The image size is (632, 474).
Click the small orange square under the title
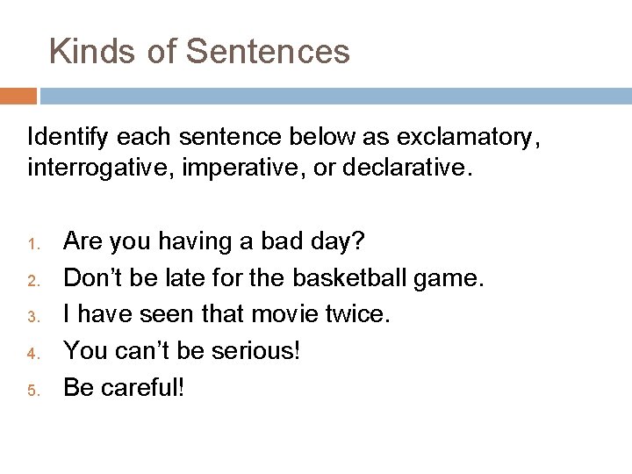point(18,96)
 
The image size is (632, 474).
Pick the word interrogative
point(99,166)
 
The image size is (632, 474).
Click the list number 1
point(32,241)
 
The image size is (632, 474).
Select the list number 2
point(32,279)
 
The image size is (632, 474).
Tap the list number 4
point(32,353)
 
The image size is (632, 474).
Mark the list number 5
point(32,390)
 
